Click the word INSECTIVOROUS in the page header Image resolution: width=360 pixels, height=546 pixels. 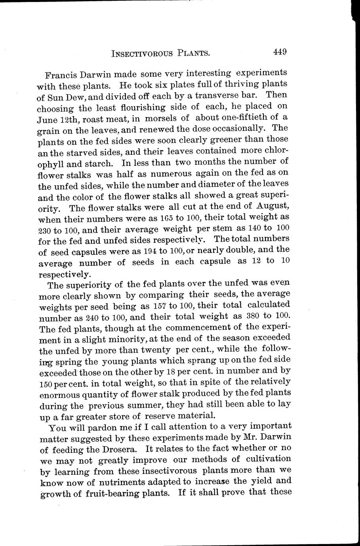coord(143,53)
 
